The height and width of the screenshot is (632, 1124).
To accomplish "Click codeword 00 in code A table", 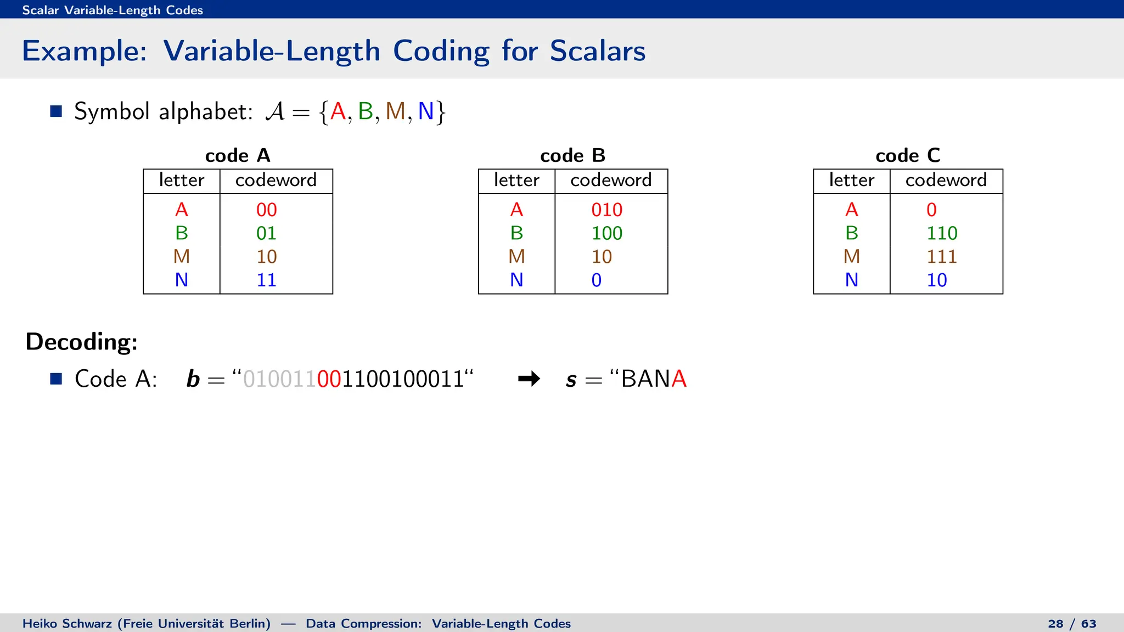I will [266, 210].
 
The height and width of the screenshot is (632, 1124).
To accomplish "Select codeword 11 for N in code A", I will [266, 280].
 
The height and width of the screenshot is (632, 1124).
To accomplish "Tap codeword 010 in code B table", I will [606, 210].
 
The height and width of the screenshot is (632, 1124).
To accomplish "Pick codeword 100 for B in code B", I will [606, 233].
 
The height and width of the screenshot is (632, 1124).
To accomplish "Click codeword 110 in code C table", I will [942, 233].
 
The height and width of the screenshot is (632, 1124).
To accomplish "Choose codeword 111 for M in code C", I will [942, 257].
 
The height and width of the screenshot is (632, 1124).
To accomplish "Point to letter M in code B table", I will [516, 257].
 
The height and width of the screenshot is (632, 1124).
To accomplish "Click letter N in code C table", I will [851, 280].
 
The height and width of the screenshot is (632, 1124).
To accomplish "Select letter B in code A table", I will [181, 233].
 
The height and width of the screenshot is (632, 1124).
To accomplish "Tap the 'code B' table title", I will [572, 156].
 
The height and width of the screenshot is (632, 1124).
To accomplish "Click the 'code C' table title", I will [908, 156].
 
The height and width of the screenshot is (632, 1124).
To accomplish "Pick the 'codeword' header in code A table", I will [276, 180].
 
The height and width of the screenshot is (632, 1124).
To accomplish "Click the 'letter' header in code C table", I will [851, 180].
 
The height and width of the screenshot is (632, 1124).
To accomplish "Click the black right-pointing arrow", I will [529, 379].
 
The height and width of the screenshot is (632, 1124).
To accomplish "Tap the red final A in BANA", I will [679, 379].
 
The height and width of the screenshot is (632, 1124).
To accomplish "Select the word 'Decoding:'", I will [82, 342].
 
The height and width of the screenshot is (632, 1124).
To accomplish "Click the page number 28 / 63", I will [1072, 624].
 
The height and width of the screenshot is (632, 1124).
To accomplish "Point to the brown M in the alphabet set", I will [395, 111].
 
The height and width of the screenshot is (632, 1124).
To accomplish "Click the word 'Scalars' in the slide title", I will [597, 51].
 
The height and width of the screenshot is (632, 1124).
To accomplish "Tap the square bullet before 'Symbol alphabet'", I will [56, 111].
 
